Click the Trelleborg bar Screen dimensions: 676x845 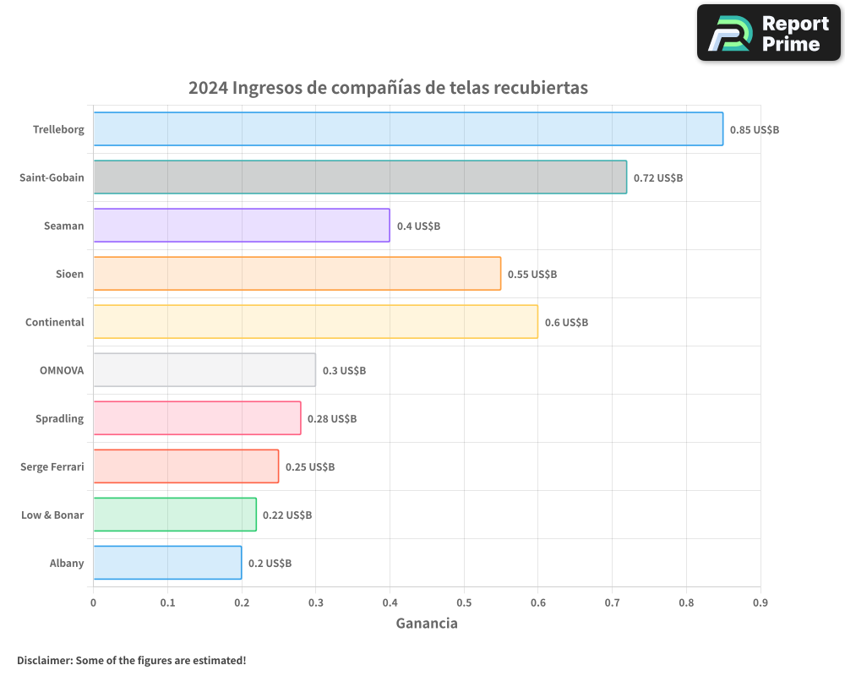pos(407,129)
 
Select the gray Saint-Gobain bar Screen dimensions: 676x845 pos(359,177)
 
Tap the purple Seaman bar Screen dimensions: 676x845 pos(241,226)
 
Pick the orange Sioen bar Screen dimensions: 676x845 pos(297,274)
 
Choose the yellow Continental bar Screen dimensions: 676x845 pos(315,322)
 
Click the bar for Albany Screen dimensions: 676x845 pos(167,563)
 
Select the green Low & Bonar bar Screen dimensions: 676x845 pos(174,515)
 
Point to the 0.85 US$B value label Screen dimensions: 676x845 pos(754,130)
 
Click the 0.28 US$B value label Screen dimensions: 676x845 pos(331,419)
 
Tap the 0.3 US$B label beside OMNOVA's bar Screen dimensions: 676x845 pos(344,371)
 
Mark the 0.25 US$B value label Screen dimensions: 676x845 pos(309,467)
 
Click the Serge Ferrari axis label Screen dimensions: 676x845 pos(52,466)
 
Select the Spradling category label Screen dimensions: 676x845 pos(59,418)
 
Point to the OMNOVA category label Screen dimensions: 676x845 pos(62,370)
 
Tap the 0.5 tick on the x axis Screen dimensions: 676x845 pos(464,602)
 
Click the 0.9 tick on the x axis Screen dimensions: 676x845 pos(760,602)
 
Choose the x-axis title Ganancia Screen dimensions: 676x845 pos(427,624)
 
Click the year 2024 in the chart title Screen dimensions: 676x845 pos(207,88)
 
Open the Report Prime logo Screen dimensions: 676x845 pos(769,33)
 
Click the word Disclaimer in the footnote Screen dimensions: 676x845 pos(43,660)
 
